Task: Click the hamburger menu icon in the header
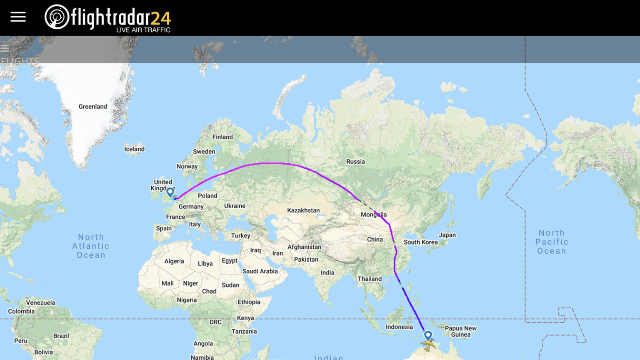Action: click(x=18, y=17)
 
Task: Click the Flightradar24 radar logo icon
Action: click(x=57, y=17)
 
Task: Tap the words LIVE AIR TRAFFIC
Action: click(x=143, y=30)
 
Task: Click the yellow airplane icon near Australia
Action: click(x=428, y=344)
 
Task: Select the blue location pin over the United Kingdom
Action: click(x=170, y=192)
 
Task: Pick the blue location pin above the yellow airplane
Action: click(x=428, y=335)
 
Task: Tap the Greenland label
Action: click(x=92, y=107)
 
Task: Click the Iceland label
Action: click(x=134, y=149)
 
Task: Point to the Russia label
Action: click(x=355, y=162)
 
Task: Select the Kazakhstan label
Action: click(x=303, y=210)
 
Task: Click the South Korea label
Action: click(x=420, y=242)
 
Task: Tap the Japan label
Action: click(x=447, y=235)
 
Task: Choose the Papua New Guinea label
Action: click(x=460, y=331)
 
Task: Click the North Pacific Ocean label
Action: click(x=552, y=242)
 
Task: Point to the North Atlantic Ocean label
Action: click(x=91, y=246)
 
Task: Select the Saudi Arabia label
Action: click(x=260, y=271)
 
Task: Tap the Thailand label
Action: click(x=370, y=279)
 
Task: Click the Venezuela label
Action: click(x=40, y=302)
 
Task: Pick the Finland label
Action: click(x=222, y=137)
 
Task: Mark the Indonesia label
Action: click(x=399, y=327)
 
